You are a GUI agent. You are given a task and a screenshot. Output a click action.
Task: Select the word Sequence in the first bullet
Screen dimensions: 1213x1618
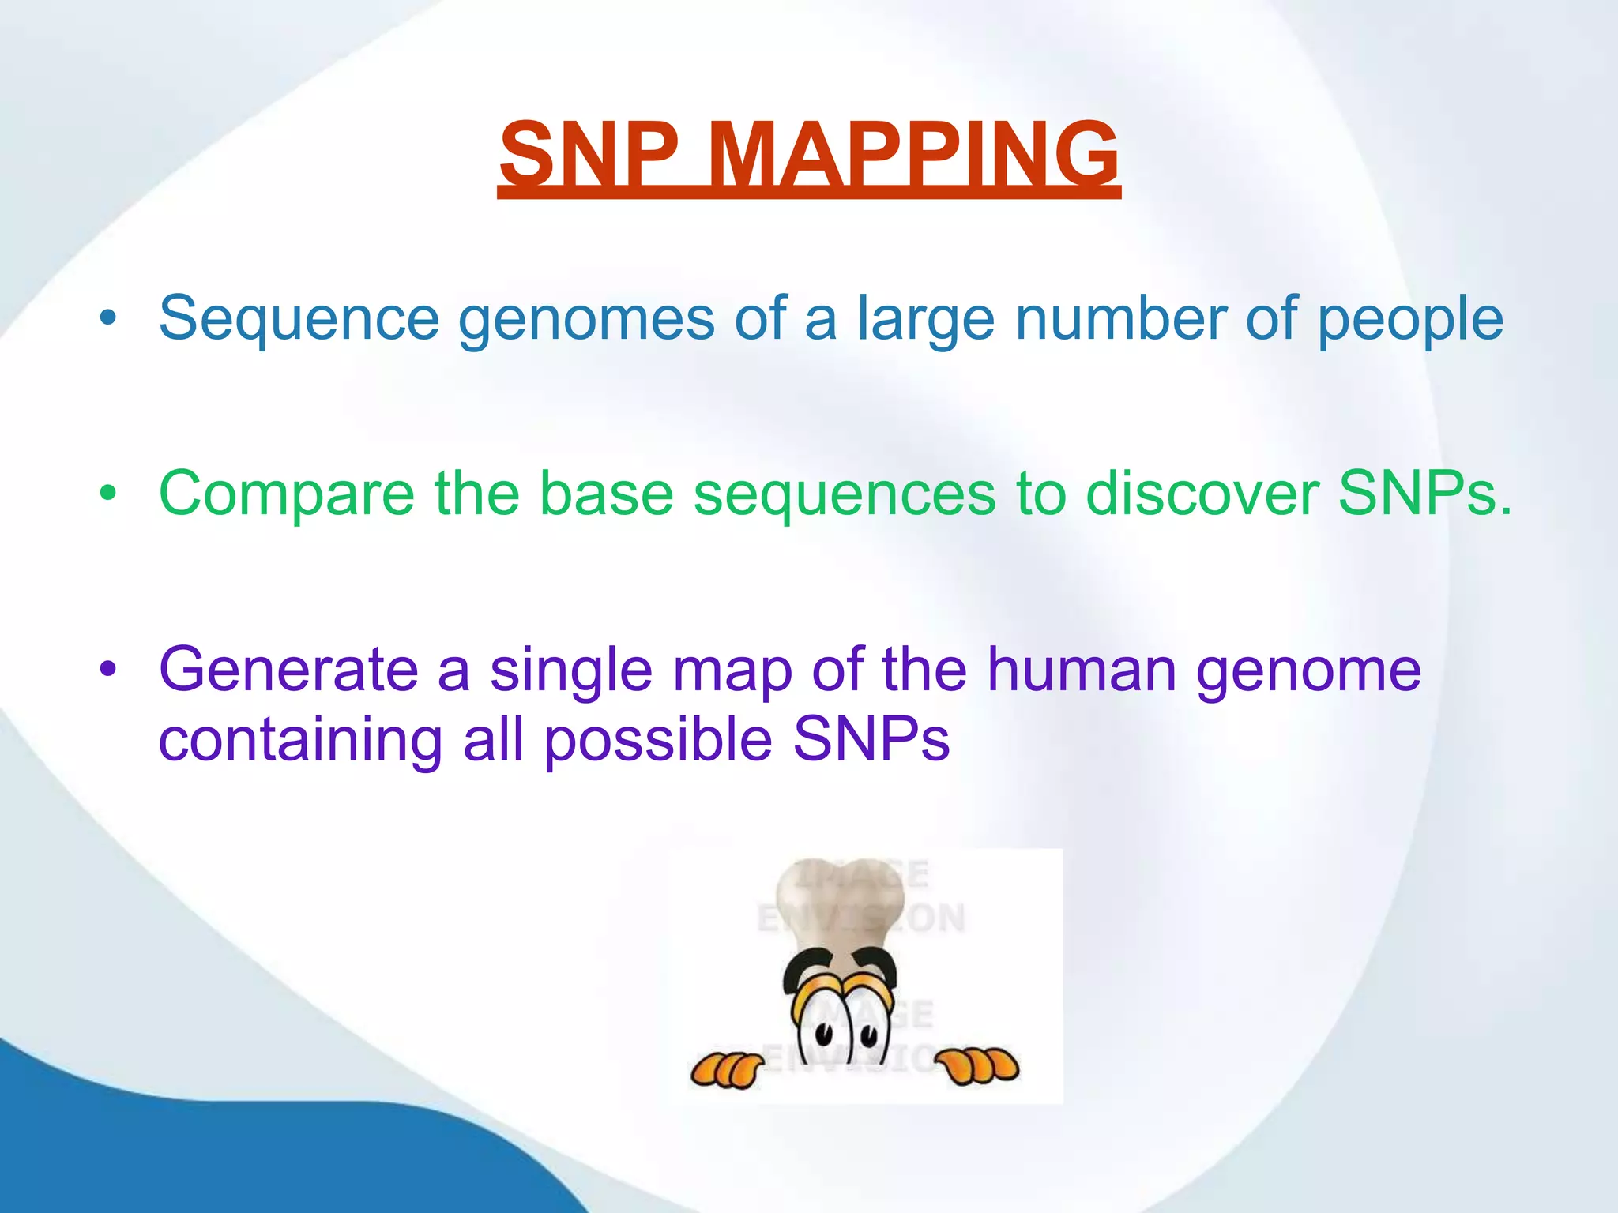[299, 318]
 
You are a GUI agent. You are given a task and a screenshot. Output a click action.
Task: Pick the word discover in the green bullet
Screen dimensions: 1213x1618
[1202, 494]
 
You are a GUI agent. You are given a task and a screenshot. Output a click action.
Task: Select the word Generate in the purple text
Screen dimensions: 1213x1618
[288, 670]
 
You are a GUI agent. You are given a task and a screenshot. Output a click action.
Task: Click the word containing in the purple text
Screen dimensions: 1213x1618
[300, 741]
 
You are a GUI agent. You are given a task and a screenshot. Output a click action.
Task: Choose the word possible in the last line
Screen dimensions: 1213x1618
[658, 741]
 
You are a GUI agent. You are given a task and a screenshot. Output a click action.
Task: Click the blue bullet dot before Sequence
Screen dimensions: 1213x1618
[108, 319]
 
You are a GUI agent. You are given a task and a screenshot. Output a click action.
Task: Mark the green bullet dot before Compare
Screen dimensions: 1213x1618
[108, 494]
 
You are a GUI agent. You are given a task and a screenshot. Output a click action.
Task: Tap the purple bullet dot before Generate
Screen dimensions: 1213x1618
[108, 670]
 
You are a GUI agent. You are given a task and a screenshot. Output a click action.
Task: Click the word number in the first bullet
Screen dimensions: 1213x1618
[1120, 318]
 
